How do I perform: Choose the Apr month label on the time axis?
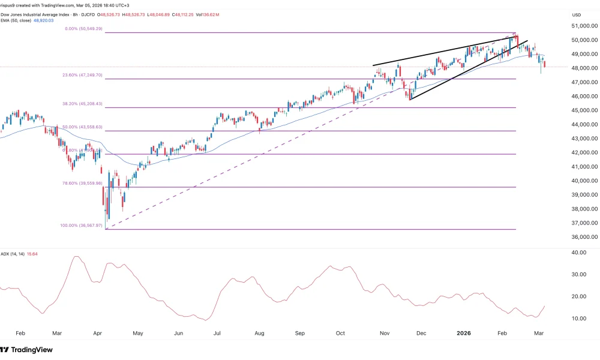(x=98, y=332)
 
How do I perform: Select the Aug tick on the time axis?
(x=260, y=332)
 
